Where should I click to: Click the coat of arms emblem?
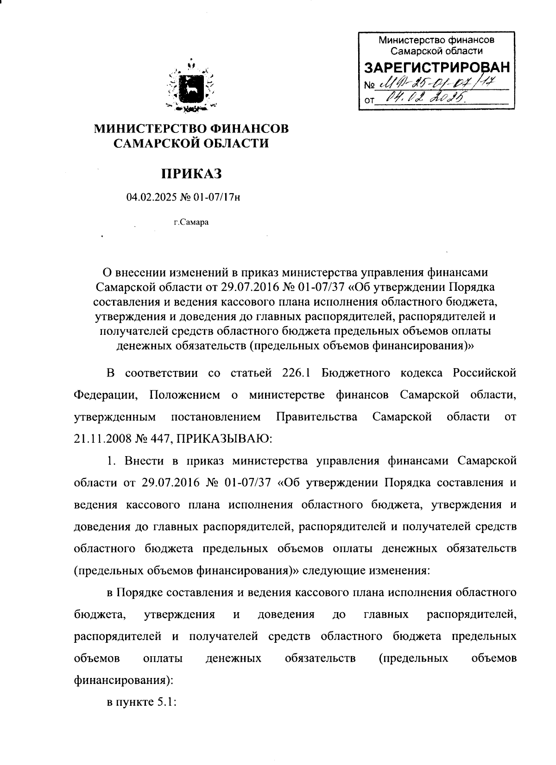tap(191, 86)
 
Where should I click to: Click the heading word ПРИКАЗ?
tap(191, 174)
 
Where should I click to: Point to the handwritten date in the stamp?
tap(421, 97)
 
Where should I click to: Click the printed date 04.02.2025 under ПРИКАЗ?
tap(149, 198)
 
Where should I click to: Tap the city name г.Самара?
tap(191, 222)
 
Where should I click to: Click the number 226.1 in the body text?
tap(295, 373)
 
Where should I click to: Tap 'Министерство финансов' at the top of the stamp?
tap(436, 40)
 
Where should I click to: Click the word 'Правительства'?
tap(316, 417)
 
